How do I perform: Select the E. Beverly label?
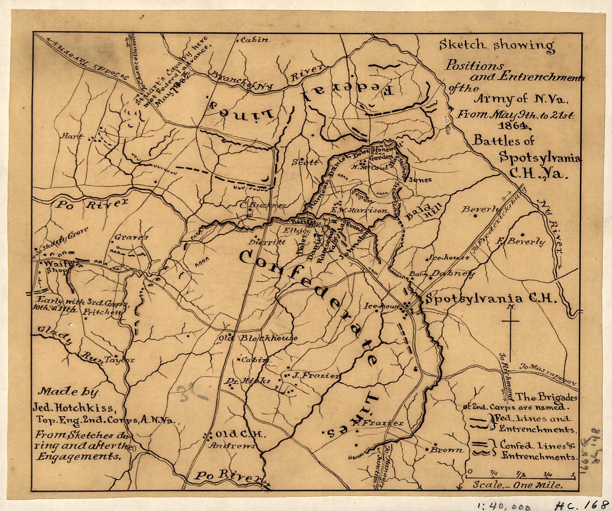coord(520,241)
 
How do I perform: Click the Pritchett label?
coord(102,312)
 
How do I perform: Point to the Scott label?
coord(305,163)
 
